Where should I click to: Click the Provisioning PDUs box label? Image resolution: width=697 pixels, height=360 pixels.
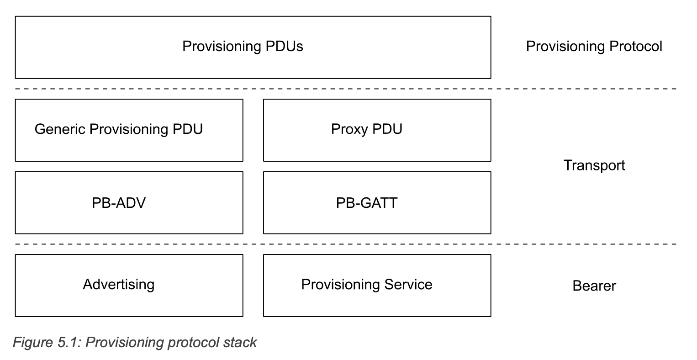pyautogui.click(x=243, y=47)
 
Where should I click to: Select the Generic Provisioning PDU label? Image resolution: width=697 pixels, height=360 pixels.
pyautogui.click(x=119, y=129)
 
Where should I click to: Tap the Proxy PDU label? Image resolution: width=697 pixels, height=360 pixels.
pyautogui.click(x=367, y=129)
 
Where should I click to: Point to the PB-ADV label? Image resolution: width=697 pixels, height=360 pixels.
pyautogui.click(x=119, y=203)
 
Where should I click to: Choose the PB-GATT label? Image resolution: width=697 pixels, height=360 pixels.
pyautogui.click(x=367, y=203)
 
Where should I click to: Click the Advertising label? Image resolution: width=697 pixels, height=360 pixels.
pyautogui.click(x=119, y=285)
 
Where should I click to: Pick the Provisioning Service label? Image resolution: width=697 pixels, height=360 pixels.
pyautogui.click(x=367, y=285)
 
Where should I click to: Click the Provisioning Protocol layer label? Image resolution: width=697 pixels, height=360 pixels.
pyautogui.click(x=594, y=47)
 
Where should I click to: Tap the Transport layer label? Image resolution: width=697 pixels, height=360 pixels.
pyautogui.click(x=594, y=165)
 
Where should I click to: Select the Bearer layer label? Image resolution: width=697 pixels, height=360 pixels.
pyautogui.click(x=594, y=286)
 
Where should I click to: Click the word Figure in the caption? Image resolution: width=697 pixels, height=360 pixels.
pyautogui.click(x=33, y=343)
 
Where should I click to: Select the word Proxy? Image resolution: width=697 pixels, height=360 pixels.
pyautogui.click(x=349, y=129)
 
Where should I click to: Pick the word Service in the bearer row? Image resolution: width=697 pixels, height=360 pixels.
pyautogui.click(x=408, y=284)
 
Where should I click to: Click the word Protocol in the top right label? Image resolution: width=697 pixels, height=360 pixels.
pyautogui.click(x=636, y=46)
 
